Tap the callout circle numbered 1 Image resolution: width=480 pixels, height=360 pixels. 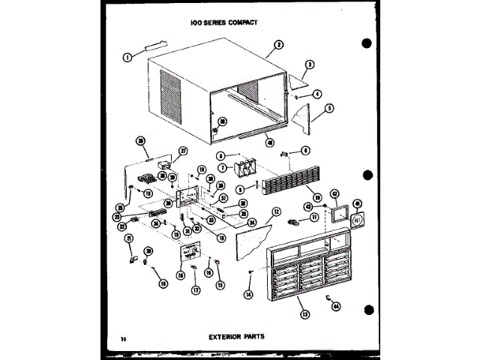click(127, 55)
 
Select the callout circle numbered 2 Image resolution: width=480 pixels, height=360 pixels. click(278, 45)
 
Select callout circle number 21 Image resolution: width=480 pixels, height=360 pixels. click(128, 238)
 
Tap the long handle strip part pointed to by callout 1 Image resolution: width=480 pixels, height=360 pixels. click(157, 48)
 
